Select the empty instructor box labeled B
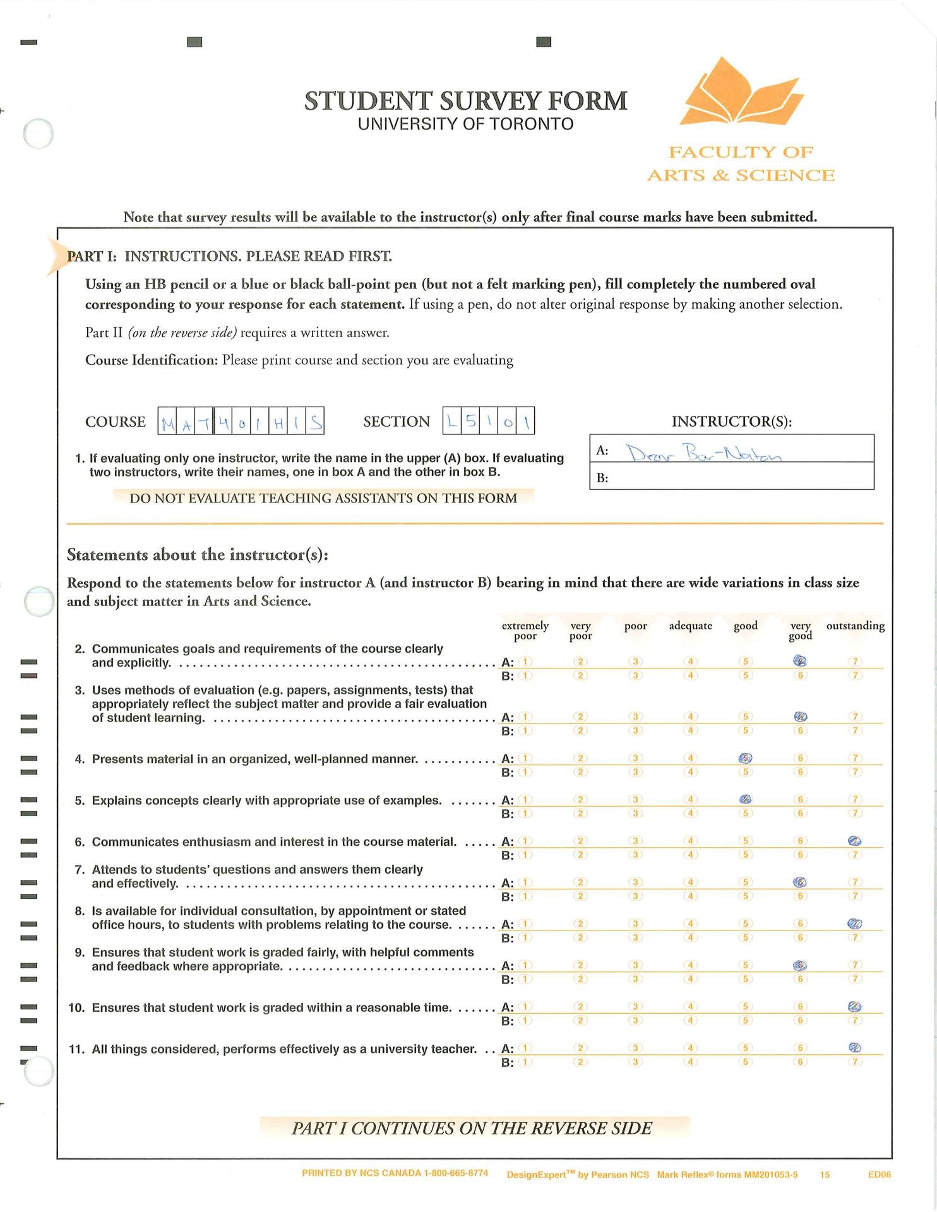731,477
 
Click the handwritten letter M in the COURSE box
168,422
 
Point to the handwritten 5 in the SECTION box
470,421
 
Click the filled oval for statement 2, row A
800,662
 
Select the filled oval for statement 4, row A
745,758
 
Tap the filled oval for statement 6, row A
855,841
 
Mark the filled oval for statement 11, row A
855,1047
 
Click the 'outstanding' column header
855,626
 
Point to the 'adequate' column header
690,626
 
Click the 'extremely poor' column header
525,630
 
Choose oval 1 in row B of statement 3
525,730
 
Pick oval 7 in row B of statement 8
855,937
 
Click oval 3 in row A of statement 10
636,1006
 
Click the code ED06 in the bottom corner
879,1175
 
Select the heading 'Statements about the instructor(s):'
197,555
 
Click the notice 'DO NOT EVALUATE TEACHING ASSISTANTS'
323,498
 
